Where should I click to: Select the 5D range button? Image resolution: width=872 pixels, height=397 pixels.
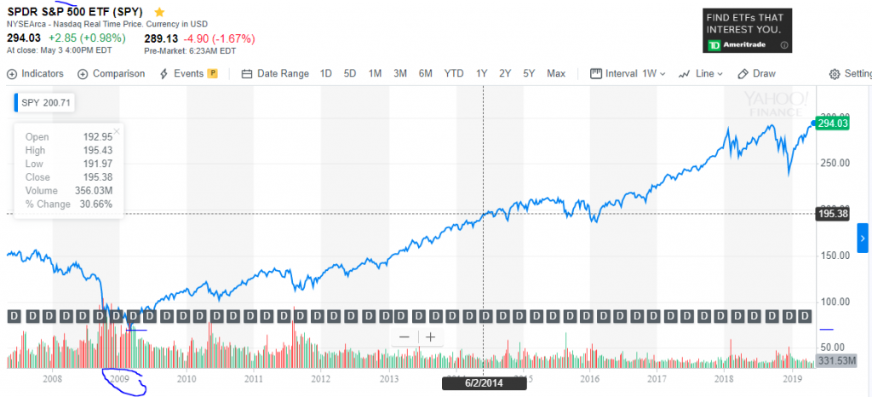(x=350, y=74)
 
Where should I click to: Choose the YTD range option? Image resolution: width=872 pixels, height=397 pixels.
(x=454, y=74)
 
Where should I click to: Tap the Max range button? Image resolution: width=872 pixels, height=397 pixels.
(x=556, y=74)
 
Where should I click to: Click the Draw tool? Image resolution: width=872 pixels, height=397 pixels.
(x=757, y=74)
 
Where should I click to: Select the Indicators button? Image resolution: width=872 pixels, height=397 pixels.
(x=36, y=74)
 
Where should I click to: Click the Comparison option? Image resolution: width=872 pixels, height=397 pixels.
(x=112, y=74)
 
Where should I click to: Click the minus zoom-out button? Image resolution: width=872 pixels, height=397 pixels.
(x=404, y=337)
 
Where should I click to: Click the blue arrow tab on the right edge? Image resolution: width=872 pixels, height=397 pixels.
(x=863, y=241)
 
